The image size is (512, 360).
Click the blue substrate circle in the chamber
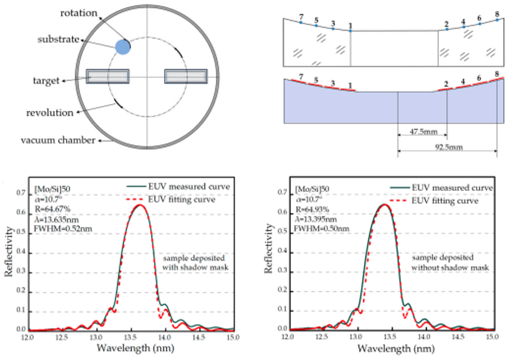tap(123, 46)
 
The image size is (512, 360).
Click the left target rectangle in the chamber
tap(108, 76)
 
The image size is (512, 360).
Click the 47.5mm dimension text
tap(422, 133)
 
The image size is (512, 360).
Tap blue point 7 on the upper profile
tap(301, 22)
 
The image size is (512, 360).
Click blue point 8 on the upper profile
tap(497, 19)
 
